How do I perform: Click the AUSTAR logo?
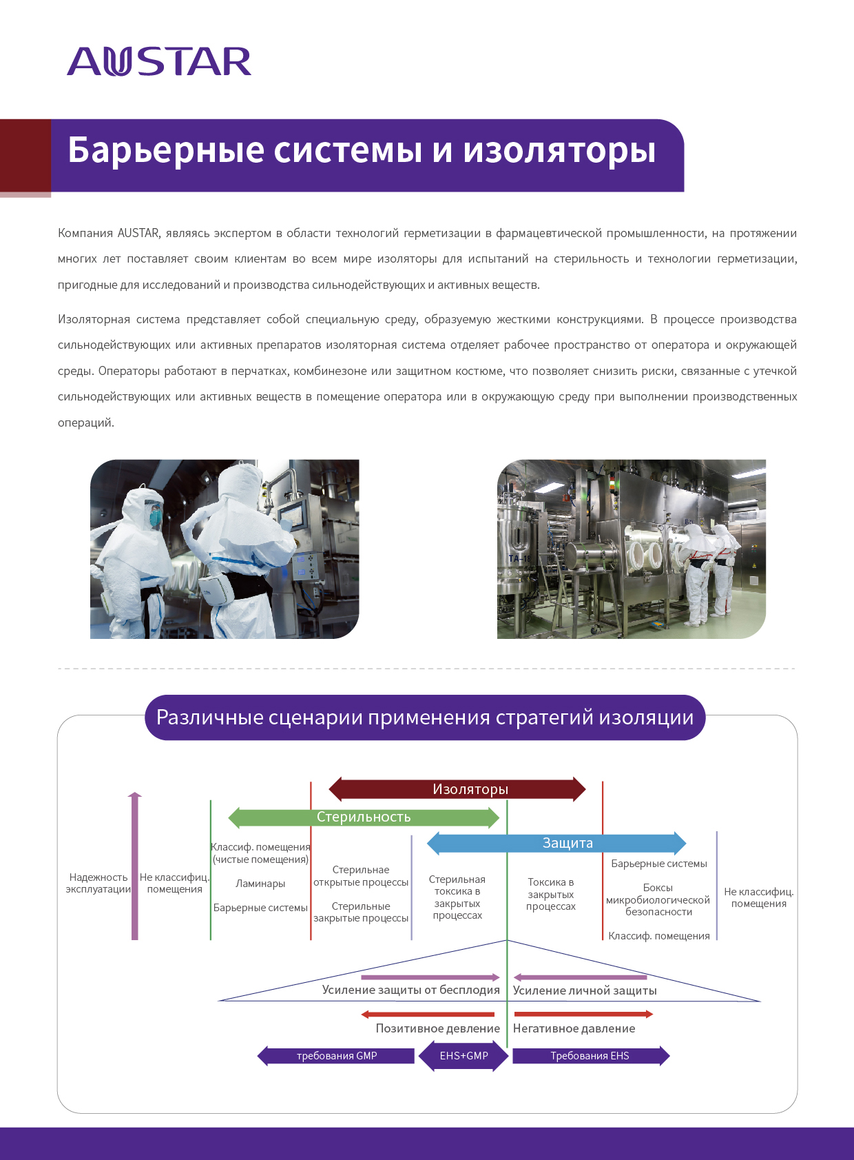pyautogui.click(x=159, y=61)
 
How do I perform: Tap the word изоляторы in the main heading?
pyautogui.click(x=559, y=151)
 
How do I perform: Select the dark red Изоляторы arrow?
pyautogui.click(x=457, y=789)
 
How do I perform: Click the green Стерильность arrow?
pyautogui.click(x=364, y=817)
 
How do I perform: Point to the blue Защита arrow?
pyautogui.click(x=556, y=843)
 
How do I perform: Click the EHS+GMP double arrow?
pyautogui.click(x=464, y=1056)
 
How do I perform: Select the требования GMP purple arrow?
pyautogui.click(x=336, y=1056)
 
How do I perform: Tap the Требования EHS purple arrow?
pyautogui.click(x=591, y=1056)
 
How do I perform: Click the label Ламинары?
pyautogui.click(x=260, y=884)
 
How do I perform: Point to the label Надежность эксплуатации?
pyautogui.click(x=98, y=883)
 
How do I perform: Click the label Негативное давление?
pyautogui.click(x=574, y=1028)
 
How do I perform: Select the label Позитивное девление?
pyautogui.click(x=438, y=1028)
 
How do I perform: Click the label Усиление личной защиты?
pyautogui.click(x=585, y=990)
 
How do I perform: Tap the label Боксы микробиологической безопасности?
pyautogui.click(x=658, y=899)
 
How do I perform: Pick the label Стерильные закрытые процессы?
pyautogui.click(x=361, y=912)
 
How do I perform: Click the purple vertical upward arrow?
pyautogui.click(x=134, y=865)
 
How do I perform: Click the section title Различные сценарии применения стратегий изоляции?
pyautogui.click(x=425, y=718)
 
